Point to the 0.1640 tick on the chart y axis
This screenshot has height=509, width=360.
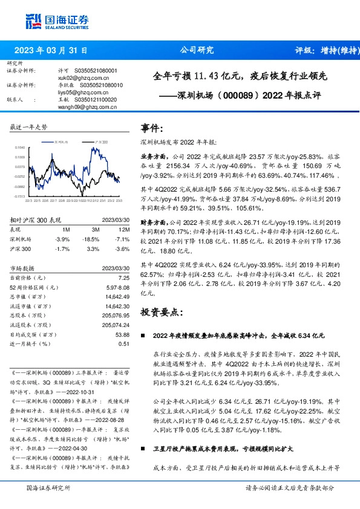[19, 147]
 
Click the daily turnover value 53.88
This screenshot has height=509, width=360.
[122, 334]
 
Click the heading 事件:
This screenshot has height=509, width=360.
[152, 128]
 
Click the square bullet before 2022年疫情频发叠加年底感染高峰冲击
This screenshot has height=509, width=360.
[143, 335]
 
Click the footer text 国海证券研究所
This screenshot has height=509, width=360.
[48, 487]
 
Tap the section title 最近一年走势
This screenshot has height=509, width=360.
[29, 127]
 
